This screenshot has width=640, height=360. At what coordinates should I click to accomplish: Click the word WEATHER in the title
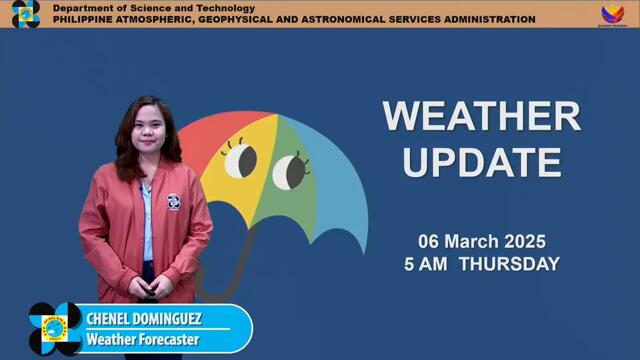point(481,116)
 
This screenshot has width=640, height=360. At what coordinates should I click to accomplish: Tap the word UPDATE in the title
point(481,161)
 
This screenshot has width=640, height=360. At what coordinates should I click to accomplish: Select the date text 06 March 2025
point(481,242)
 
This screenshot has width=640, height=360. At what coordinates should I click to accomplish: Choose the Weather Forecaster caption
point(143,340)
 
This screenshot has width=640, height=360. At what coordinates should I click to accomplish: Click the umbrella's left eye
point(240,160)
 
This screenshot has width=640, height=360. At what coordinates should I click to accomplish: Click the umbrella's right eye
point(290,170)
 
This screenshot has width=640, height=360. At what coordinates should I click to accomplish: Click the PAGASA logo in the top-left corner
point(25,14)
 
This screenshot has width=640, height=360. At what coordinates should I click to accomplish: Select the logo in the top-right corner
point(612,14)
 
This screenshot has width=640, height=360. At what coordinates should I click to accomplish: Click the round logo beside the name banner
point(55,329)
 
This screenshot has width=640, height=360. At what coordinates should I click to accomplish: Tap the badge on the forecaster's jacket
point(173,201)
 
